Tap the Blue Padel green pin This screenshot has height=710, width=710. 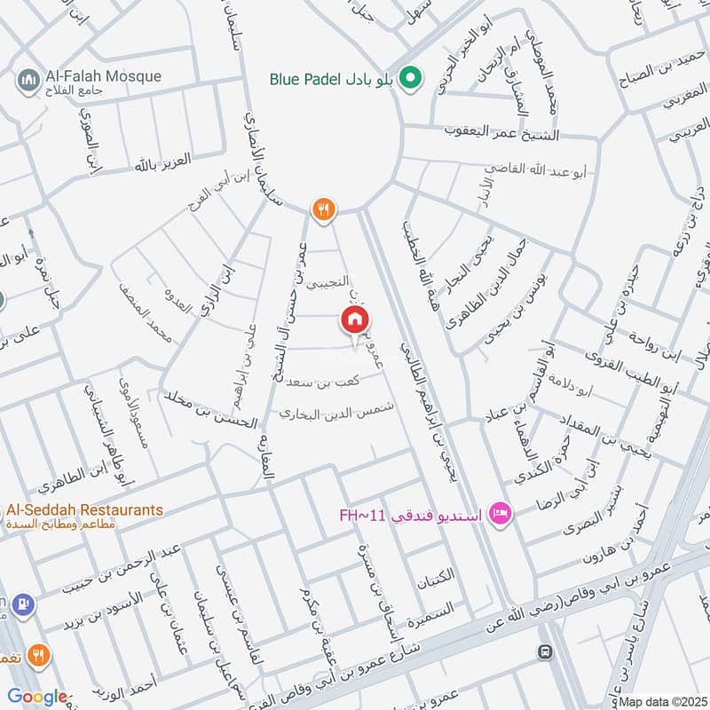(x=410, y=78)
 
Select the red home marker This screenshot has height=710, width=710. (x=355, y=320)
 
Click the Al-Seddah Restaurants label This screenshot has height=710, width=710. (x=84, y=510)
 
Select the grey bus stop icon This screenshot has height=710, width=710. (x=543, y=652)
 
